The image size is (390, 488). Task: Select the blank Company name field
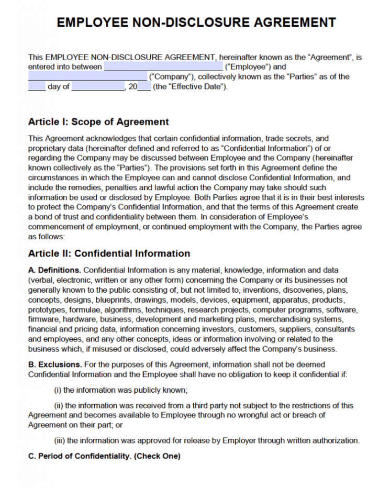[x=87, y=77]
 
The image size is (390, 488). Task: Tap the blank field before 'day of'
[x=37, y=87]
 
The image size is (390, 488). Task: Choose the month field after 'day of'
[x=97, y=87]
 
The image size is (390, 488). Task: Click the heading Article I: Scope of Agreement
[x=98, y=122]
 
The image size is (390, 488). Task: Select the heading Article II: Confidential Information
[x=109, y=253]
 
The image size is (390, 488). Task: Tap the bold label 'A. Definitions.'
[x=54, y=270]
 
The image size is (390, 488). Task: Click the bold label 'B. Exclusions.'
[x=54, y=364]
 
